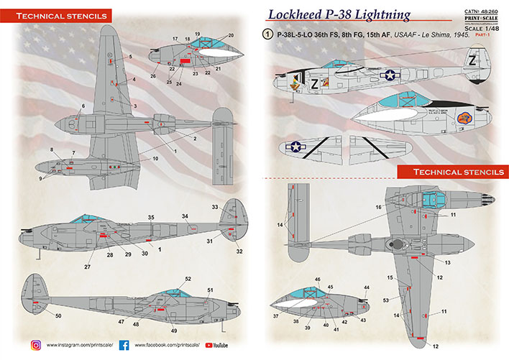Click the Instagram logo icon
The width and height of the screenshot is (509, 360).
[x=35, y=345]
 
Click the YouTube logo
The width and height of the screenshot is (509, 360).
[x=209, y=345]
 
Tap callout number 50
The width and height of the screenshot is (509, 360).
[x=38, y=315]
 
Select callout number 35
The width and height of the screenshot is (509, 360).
[x=151, y=216]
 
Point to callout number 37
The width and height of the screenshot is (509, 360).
[x=275, y=316]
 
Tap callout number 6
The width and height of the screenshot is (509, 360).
[x=83, y=106]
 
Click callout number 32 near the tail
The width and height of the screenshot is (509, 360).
[x=239, y=251]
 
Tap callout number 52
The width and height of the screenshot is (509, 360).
[x=188, y=279]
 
